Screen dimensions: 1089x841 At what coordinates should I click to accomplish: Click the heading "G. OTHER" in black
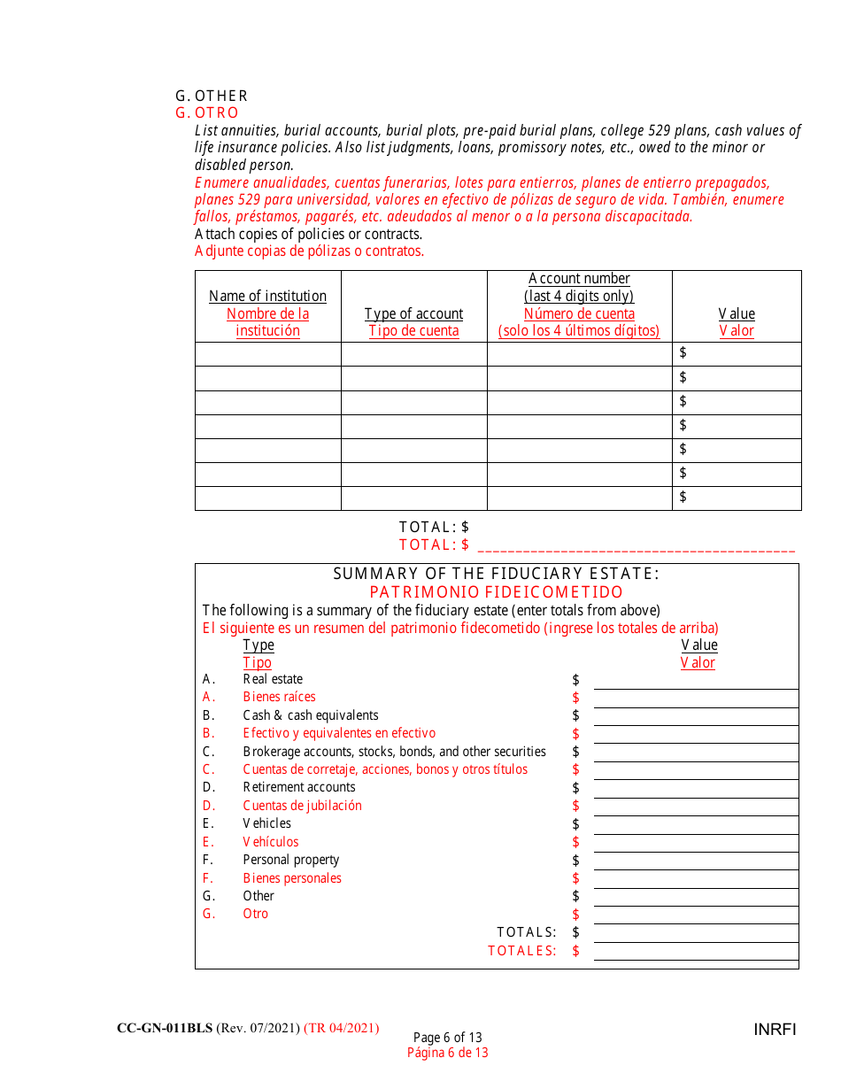[212, 96]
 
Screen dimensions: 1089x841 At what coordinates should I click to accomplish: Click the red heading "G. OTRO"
[207, 112]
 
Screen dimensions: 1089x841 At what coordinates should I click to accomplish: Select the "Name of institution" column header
[267, 296]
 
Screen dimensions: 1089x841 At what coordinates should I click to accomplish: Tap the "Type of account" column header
[413, 313]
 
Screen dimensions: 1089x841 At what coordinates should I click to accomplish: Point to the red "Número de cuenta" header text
[579, 313]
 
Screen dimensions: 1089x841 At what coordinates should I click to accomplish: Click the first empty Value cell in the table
[737, 353]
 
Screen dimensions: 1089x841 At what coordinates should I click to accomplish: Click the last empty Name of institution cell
[267, 498]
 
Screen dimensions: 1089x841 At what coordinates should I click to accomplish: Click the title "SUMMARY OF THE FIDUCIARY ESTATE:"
[496, 574]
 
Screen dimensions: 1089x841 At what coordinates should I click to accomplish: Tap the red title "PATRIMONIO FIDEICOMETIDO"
[496, 592]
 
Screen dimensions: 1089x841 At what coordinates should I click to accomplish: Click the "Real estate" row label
[273, 679]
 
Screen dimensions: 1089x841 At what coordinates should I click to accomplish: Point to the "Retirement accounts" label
[299, 787]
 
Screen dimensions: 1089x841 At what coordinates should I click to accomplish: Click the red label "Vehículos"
[271, 842]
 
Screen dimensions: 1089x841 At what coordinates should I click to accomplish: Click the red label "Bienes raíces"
[279, 697]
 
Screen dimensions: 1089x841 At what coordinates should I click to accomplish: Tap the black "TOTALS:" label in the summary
[527, 932]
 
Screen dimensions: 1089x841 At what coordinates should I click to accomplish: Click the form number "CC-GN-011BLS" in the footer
[165, 1028]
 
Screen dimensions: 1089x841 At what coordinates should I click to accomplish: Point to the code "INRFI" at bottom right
[775, 1030]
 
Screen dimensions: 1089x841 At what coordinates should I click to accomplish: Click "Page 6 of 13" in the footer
[447, 1038]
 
